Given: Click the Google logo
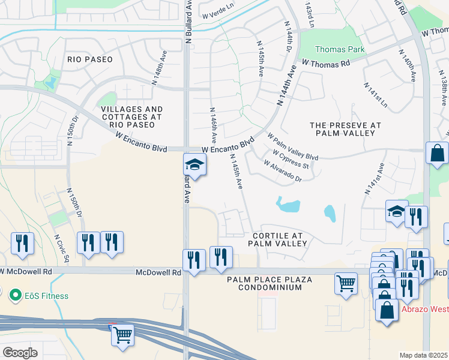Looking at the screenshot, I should tap(20, 353).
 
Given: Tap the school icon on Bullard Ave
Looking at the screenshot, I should tap(194, 164).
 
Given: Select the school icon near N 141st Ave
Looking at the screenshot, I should tap(396, 212).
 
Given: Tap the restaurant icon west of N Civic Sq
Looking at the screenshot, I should tap(22, 244).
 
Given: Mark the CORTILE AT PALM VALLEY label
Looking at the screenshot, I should tap(277, 239).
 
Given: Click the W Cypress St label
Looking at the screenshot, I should tap(291, 160).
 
